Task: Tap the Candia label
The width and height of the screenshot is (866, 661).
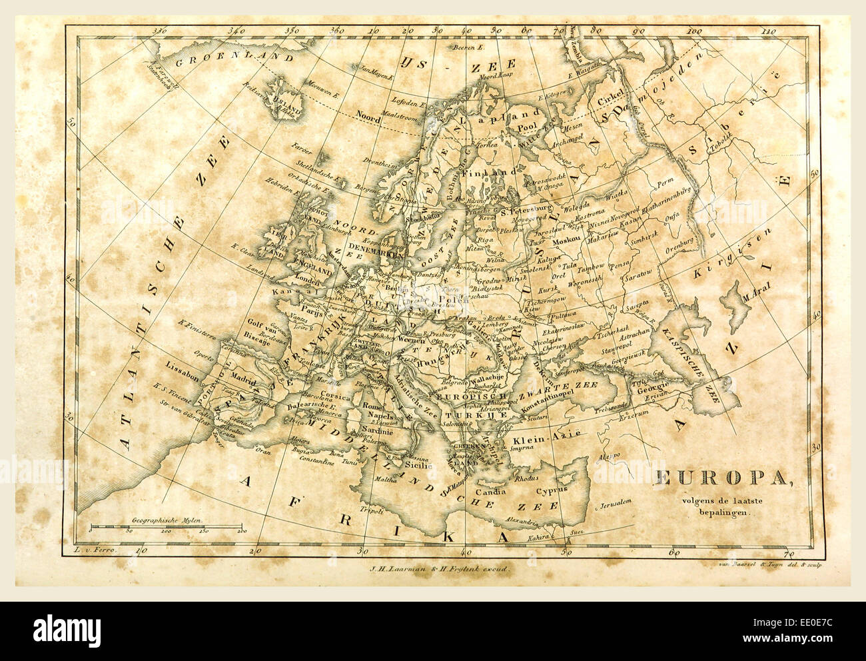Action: point(490,492)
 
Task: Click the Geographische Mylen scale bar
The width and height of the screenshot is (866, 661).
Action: point(166,526)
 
